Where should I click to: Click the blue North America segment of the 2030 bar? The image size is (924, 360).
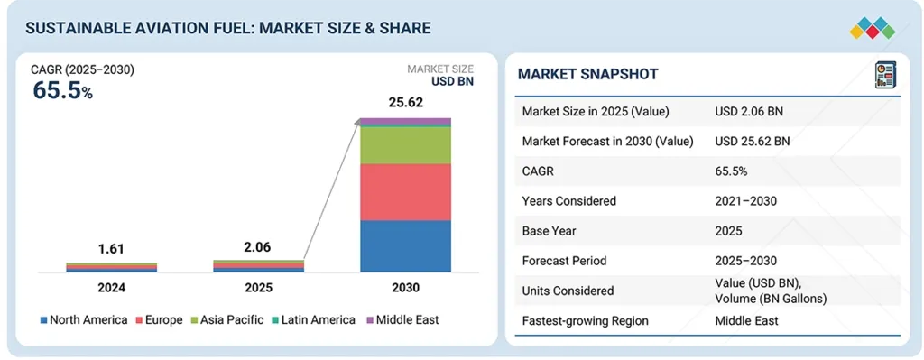405,245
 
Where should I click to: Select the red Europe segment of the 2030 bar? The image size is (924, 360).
405,191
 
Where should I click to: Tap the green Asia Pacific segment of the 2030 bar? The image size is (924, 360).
405,145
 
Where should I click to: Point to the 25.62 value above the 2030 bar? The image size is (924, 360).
405,103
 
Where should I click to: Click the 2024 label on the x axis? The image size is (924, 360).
111,288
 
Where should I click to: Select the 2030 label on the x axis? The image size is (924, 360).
405,288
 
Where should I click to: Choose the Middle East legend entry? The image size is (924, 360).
406,319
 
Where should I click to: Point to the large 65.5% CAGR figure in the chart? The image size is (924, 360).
62,90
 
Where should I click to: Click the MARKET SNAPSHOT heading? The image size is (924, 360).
587,74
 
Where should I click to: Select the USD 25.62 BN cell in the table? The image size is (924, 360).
752,141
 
